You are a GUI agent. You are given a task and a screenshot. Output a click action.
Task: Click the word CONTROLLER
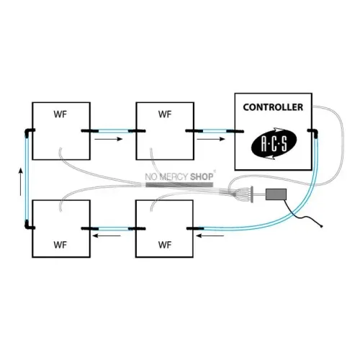273,107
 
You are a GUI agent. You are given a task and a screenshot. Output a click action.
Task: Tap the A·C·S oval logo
274,143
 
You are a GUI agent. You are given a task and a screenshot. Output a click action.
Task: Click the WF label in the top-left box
60,114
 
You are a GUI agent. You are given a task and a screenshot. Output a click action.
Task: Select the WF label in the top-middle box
165,114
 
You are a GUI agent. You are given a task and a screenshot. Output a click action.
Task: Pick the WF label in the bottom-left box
60,245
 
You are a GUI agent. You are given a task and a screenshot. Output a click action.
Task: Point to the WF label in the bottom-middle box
165,245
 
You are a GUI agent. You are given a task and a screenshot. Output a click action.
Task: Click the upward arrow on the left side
21,181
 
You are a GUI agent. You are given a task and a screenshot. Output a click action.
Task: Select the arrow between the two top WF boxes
109,139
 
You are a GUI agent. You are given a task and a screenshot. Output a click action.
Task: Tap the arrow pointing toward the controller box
211,139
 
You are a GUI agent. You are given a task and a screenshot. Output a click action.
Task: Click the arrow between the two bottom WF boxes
107,235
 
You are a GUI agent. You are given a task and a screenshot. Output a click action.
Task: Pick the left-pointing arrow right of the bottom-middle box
210,236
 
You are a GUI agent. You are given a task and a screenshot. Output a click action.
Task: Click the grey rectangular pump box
276,194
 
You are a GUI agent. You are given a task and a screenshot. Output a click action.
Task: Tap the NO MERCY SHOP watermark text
179,177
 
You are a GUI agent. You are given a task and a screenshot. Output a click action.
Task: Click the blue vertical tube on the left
27,179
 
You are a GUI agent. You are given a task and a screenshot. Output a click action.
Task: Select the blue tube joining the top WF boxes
113,131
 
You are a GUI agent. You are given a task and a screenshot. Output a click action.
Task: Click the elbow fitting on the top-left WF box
29,132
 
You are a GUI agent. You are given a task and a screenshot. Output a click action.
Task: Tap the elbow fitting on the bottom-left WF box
29,225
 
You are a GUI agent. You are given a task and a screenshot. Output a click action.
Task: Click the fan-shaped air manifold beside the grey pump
243,194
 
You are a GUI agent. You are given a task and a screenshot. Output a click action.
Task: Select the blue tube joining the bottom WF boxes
113,228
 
